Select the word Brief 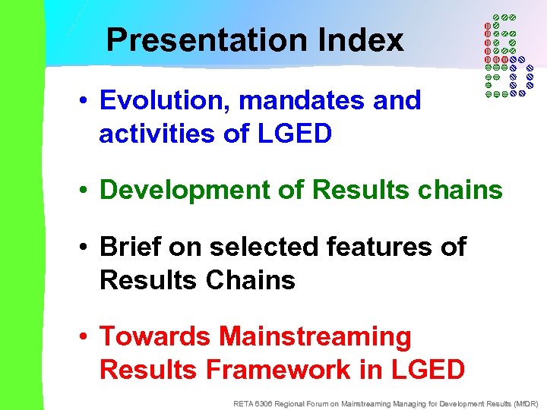click(130, 247)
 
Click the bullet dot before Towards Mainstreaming click(88, 336)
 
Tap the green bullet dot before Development click(88, 191)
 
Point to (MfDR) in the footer click(524, 403)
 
